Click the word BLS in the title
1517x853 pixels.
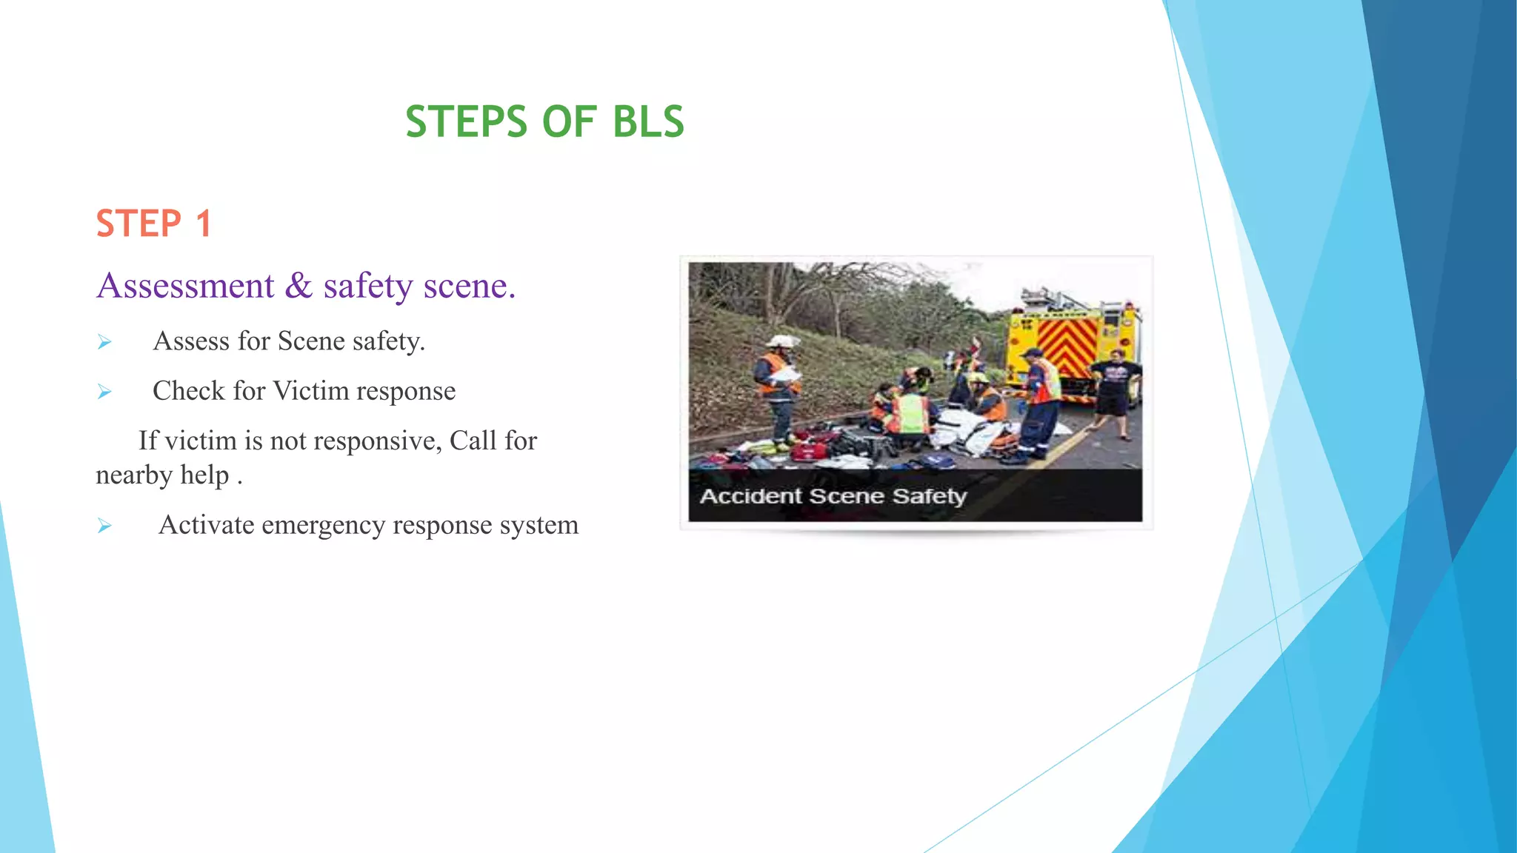pos(648,122)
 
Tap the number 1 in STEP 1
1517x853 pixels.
pos(204,224)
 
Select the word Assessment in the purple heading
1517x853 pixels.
pos(186,286)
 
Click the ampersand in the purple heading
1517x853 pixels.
pos(299,286)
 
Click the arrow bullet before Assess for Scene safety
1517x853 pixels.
pos(104,342)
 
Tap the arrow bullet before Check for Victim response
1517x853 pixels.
pos(104,392)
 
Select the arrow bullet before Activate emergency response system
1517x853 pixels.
pos(104,526)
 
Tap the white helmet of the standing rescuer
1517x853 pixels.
pos(782,341)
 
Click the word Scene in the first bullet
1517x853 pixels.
pos(311,341)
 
